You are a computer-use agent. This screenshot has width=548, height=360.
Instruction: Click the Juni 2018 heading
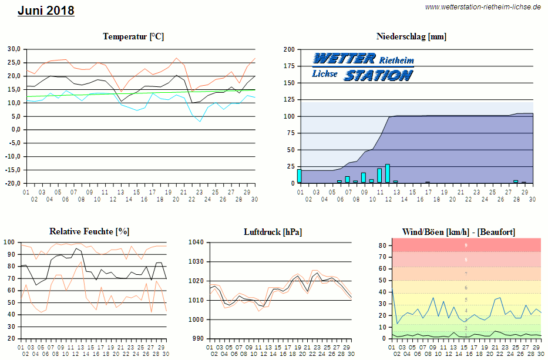point(46,11)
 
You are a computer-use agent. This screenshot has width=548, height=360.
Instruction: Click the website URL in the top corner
point(483,7)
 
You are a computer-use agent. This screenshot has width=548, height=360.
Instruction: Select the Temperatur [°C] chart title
point(133,36)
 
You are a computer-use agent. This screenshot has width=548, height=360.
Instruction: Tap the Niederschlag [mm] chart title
point(411,36)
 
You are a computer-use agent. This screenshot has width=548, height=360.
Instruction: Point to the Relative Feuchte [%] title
point(89,231)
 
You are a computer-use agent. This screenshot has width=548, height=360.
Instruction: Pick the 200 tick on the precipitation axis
point(288,50)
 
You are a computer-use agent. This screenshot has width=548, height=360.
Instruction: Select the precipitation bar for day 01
point(300,176)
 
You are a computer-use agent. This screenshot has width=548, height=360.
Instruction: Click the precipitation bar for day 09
point(364,178)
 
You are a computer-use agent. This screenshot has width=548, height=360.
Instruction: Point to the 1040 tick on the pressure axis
point(196,242)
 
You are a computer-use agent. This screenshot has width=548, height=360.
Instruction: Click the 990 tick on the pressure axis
point(197,339)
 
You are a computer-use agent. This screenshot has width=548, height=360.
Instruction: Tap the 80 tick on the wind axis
point(382,245)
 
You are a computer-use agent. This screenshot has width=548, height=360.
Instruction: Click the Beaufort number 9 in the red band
point(466,245)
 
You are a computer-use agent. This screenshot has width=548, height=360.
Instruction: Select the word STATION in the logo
point(378,75)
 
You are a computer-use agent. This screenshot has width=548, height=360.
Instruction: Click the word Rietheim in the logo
point(396,60)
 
